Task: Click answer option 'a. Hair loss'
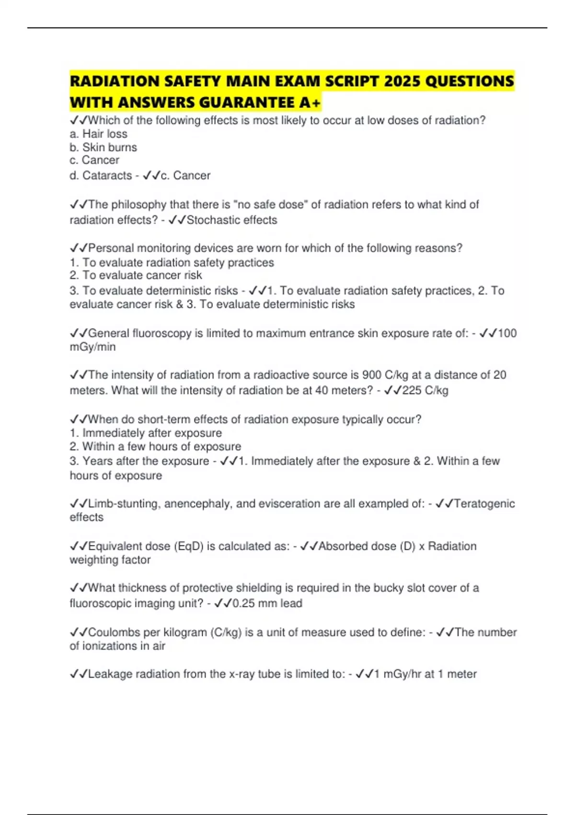tap(98, 134)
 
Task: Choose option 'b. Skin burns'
tap(103, 147)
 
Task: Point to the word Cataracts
tap(107, 175)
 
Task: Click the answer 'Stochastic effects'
tap(232, 220)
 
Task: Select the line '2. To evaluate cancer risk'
tap(136, 275)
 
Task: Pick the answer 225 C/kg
tap(425, 390)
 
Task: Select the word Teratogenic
tap(484, 504)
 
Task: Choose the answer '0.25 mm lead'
tap(267, 603)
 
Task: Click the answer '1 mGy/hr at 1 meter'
tap(425, 674)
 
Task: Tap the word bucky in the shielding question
tap(388, 588)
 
